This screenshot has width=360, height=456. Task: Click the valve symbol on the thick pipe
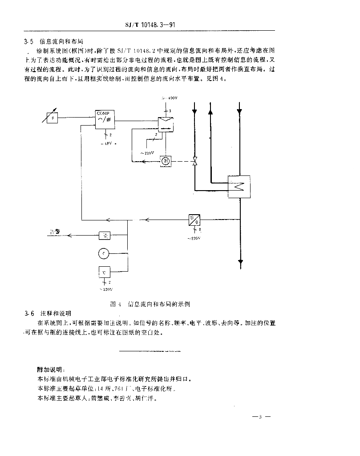tap(194, 161)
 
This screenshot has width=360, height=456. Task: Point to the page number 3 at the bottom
tap(262, 417)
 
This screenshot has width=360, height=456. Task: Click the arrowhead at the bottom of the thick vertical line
tap(240, 261)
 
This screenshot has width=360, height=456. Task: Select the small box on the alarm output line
tap(104, 235)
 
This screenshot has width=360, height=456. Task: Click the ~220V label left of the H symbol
tap(147, 153)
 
